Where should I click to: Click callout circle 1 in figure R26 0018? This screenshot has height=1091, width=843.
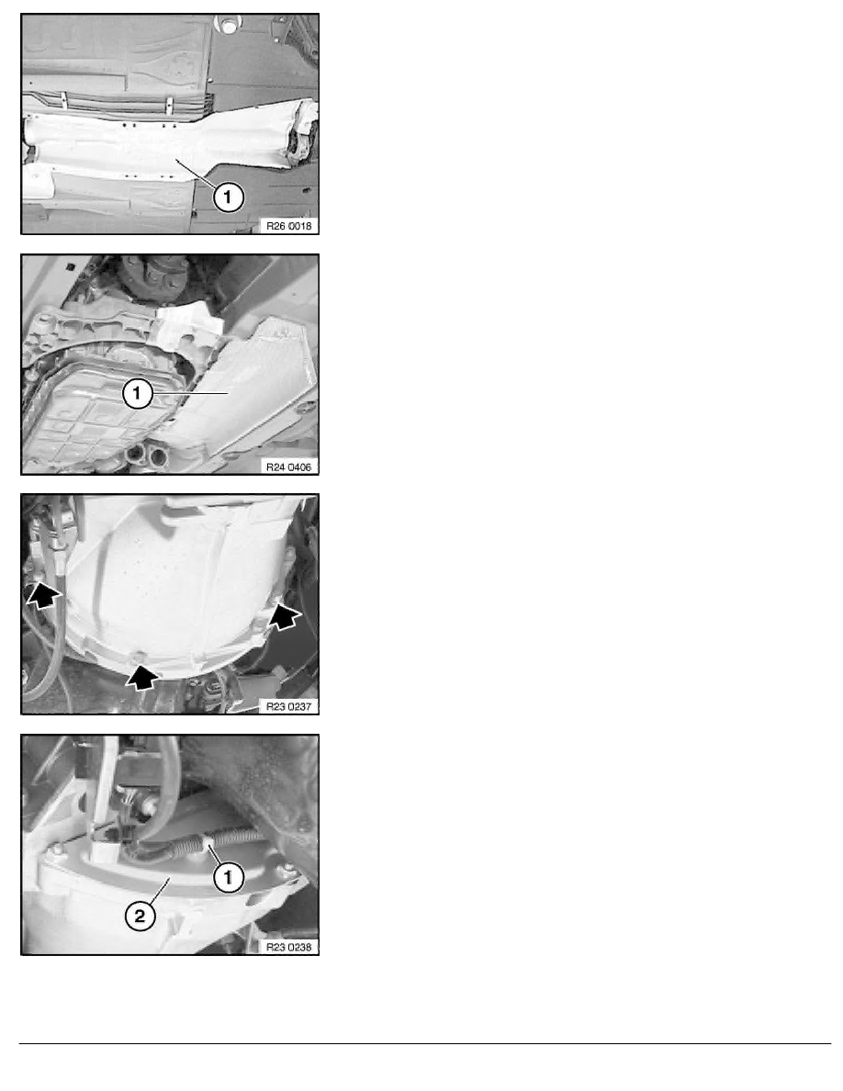228,197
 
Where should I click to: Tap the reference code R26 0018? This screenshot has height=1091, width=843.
288,226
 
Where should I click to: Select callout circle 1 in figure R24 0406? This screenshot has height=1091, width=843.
137,394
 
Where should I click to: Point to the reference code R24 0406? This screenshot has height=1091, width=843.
288,467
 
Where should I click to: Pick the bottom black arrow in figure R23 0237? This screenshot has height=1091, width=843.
142,677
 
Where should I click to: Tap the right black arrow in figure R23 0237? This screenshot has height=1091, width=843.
286,616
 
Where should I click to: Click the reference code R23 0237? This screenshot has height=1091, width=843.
288,707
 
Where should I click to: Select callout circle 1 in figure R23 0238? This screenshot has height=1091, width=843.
228,877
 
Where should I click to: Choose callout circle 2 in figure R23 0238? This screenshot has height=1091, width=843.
140,916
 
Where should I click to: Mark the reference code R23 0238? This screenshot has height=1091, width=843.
288,947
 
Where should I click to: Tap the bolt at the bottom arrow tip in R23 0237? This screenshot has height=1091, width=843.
139,656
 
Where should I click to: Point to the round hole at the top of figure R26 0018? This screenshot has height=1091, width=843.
228,27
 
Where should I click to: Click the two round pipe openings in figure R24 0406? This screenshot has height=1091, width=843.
147,456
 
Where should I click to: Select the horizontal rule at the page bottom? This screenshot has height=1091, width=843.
425,1043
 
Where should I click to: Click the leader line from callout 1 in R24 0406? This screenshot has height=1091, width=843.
191,394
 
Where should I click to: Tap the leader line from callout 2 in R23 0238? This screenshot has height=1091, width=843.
159,892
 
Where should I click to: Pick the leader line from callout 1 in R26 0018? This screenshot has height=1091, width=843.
197,173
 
